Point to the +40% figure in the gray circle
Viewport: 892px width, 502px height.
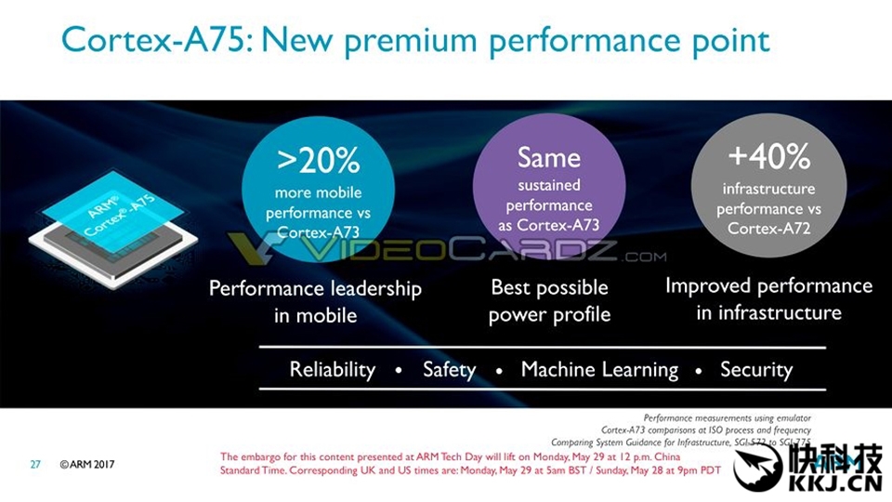tap(769, 156)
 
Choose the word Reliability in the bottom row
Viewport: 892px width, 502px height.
tap(332, 369)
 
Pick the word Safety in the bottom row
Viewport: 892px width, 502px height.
tap(449, 369)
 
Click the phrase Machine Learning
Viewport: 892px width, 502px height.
tap(599, 369)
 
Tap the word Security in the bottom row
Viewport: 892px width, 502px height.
tap(756, 369)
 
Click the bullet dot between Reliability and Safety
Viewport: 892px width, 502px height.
tap(399, 371)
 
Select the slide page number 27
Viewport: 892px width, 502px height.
tap(35, 464)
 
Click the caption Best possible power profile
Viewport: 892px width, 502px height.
tap(549, 300)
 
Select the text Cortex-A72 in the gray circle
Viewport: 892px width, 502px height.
tap(768, 229)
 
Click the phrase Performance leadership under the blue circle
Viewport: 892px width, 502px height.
tap(315, 288)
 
